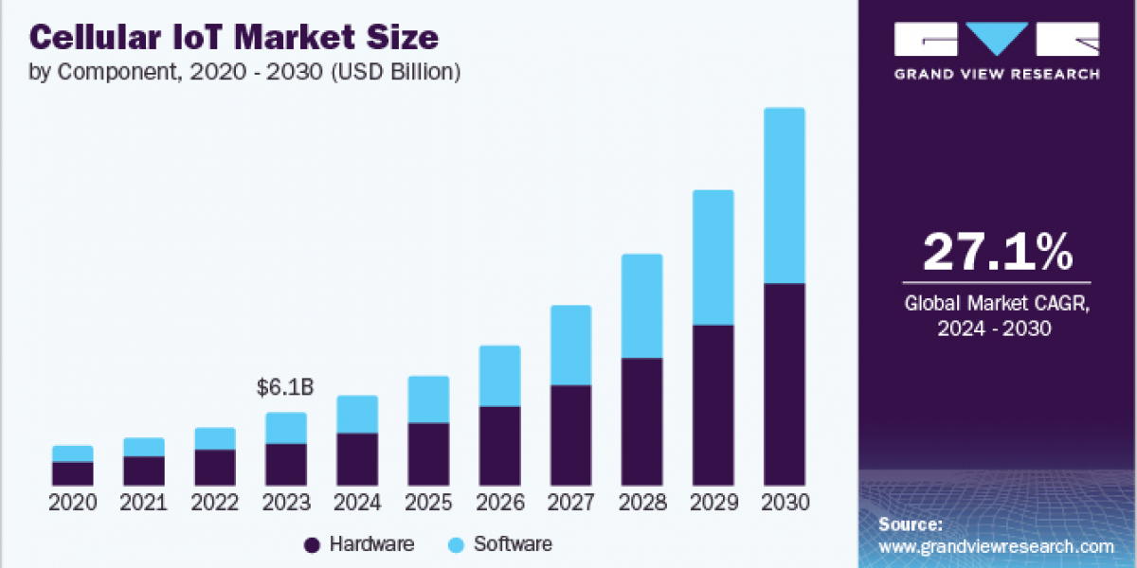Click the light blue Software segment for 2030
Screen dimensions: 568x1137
(785, 195)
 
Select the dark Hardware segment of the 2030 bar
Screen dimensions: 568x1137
(785, 384)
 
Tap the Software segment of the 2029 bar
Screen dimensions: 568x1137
(713, 257)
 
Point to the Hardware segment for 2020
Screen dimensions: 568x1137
(73, 474)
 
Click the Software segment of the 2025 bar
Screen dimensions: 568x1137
(428, 399)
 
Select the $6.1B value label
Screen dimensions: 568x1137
(285, 387)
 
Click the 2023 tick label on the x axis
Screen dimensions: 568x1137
(285, 503)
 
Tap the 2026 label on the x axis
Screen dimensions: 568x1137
(499, 503)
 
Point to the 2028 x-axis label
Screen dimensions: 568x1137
(642, 503)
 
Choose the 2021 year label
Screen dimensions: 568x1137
(143, 503)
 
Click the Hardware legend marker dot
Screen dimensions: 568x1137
(312, 544)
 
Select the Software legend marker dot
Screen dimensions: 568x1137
(456, 544)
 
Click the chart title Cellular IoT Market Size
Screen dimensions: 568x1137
(234, 38)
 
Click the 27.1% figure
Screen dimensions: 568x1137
(997, 252)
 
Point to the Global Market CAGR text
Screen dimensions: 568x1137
(997, 305)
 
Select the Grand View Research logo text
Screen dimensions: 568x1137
(997, 74)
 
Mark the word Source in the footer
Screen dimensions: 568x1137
(908, 524)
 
